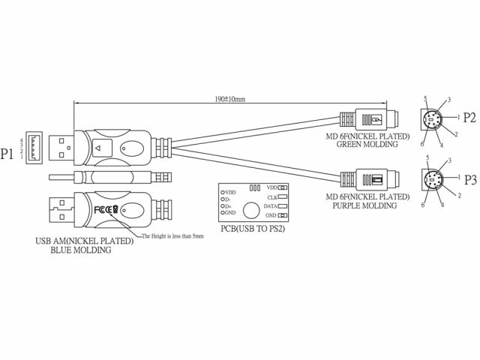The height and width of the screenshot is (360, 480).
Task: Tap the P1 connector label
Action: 10,154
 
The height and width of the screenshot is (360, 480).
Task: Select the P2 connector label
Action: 469,117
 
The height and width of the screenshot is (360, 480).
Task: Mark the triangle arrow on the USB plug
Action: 99,148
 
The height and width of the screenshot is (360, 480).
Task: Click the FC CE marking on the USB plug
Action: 106,210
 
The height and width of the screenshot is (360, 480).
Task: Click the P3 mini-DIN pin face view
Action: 436,181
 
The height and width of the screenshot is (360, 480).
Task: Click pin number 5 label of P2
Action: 425,98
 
